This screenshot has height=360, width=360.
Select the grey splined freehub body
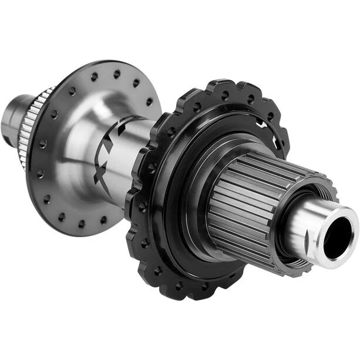[x=253, y=194]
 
